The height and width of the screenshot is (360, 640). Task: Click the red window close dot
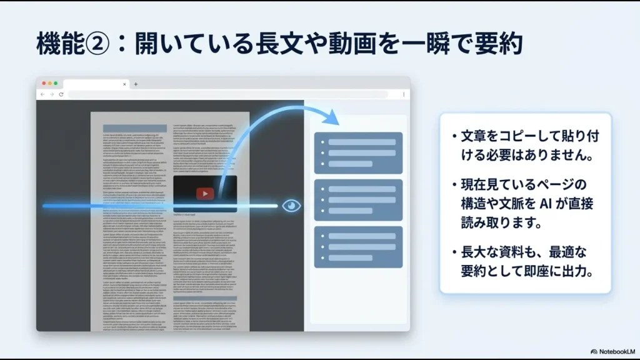click(x=44, y=83)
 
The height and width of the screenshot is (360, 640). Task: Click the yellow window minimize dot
click(x=49, y=83)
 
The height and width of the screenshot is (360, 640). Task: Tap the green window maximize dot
click(x=56, y=83)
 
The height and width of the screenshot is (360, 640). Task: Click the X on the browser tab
click(x=124, y=84)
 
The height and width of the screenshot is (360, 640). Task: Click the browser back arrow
click(x=42, y=94)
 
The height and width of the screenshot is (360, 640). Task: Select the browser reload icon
click(x=61, y=94)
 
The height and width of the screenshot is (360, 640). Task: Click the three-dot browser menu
click(x=403, y=94)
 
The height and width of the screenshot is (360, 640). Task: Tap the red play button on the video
click(x=204, y=194)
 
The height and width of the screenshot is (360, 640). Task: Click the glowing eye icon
click(x=291, y=206)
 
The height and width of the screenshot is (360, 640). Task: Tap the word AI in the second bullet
click(x=535, y=204)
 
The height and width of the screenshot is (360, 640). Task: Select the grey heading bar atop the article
click(x=134, y=128)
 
